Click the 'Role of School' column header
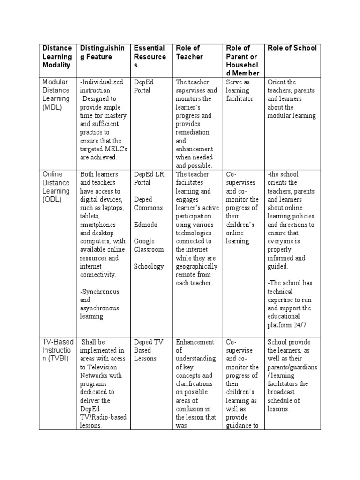292,48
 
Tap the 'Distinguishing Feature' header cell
102,52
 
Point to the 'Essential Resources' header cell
150,56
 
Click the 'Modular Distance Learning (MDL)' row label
56,94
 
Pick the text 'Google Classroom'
149,245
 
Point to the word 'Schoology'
149,266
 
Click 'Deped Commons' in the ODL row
148,203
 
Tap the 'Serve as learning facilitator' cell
239,90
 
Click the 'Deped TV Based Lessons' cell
148,350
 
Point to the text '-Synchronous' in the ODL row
99,292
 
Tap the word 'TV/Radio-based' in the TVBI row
103,418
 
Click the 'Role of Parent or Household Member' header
241,60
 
